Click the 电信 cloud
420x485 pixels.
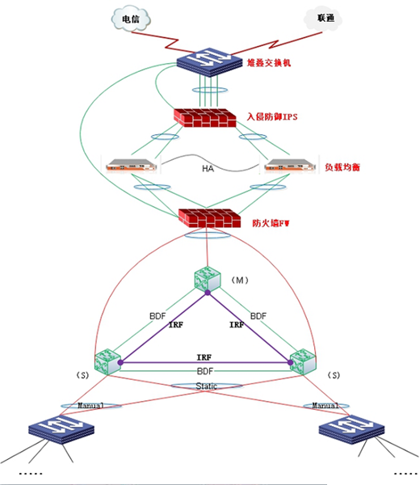[x=131, y=19]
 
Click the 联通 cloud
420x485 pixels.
[x=323, y=19]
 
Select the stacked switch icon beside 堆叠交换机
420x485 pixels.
[x=209, y=62]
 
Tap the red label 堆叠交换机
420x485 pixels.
[x=269, y=63]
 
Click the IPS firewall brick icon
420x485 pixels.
[x=204, y=118]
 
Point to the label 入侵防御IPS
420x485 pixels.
[x=272, y=116]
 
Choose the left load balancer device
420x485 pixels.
[x=131, y=165]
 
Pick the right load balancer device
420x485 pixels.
[x=290, y=165]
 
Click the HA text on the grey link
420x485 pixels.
[x=208, y=169]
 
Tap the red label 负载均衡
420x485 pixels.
[x=342, y=167]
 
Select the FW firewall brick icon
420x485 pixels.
[x=209, y=218]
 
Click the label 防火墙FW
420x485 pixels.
[x=271, y=223]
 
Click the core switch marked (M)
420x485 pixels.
[x=208, y=280]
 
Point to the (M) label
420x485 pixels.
[x=240, y=280]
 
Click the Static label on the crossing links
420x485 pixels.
[x=207, y=386]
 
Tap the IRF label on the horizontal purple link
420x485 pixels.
[x=204, y=357]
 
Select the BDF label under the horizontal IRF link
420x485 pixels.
[x=205, y=371]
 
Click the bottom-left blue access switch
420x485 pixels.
[x=61, y=430]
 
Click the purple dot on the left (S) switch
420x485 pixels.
[x=120, y=362]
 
